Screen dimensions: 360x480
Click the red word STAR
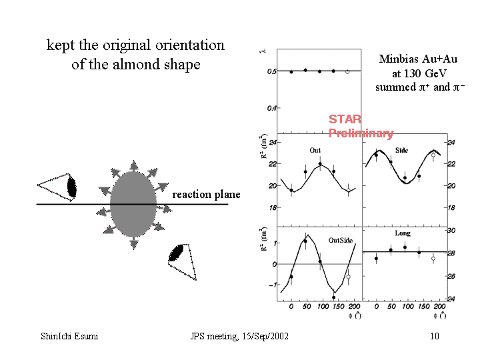coord(345,119)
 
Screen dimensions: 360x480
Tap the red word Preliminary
coord(361,133)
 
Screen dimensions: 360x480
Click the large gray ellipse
coord(133,203)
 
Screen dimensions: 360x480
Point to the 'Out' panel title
coord(315,151)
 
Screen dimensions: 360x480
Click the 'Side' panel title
coord(401,151)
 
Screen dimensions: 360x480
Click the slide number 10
coord(435,336)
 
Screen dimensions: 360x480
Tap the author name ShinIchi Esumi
coord(69,336)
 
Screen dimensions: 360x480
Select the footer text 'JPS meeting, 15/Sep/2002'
coord(239,336)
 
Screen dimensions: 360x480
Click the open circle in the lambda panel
coord(347,71)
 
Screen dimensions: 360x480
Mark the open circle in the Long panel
coord(433,258)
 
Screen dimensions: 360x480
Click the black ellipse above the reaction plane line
coord(72,188)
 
